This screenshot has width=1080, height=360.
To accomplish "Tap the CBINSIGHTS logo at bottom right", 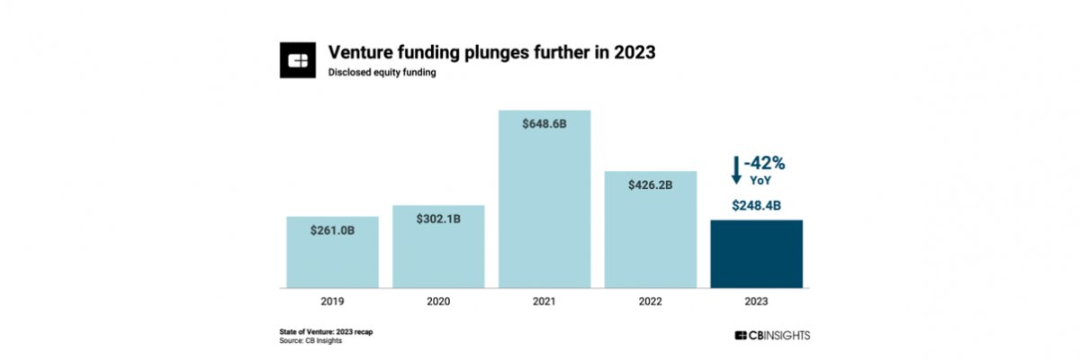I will point(772,335).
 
